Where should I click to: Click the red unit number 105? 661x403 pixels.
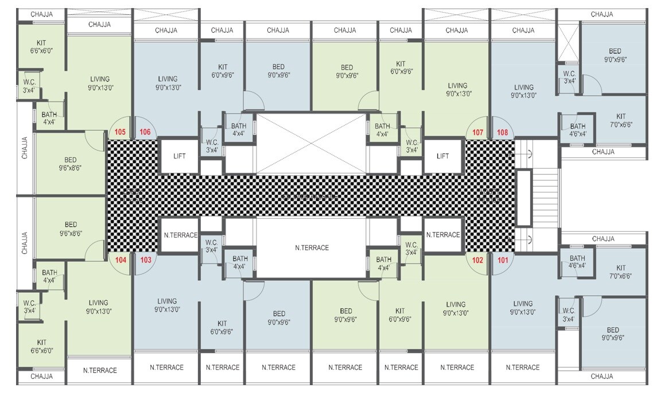[x=120, y=132]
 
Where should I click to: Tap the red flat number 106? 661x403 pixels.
[x=145, y=132]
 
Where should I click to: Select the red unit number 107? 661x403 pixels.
[x=478, y=132]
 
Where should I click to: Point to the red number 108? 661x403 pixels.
[x=503, y=132]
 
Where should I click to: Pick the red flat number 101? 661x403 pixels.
[x=503, y=260]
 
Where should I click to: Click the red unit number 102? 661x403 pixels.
[x=478, y=260]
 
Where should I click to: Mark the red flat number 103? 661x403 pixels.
[x=145, y=260]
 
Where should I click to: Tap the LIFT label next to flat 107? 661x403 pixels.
[x=443, y=156]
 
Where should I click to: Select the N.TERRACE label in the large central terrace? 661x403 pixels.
[x=312, y=248]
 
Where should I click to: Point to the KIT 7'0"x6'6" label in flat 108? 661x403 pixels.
[x=620, y=120]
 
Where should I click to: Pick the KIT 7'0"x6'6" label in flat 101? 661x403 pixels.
[x=620, y=272]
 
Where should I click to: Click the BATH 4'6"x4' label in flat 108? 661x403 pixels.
[x=577, y=130]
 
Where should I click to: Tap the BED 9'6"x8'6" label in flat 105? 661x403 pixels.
[x=71, y=164]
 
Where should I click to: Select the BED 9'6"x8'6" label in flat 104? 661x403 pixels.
[x=71, y=229]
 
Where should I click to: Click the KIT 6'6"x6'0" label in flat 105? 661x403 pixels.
[x=41, y=46]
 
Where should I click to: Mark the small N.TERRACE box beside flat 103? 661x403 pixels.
[x=180, y=235]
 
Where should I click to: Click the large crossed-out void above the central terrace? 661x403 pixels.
[x=311, y=143]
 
